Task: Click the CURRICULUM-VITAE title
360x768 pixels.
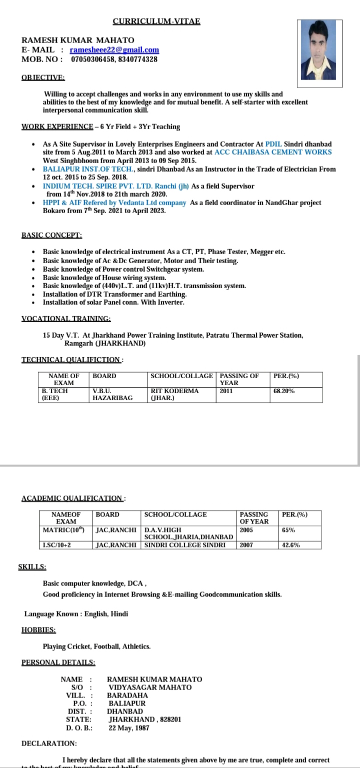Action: tap(156, 21)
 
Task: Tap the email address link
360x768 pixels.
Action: tap(114, 50)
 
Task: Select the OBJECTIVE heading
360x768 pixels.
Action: tap(43, 78)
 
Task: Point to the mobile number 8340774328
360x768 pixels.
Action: tap(136, 59)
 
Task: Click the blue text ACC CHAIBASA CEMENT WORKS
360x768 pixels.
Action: tap(273, 152)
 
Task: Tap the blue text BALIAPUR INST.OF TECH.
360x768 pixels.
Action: tap(88, 169)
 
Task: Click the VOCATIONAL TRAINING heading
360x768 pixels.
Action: tap(66, 318)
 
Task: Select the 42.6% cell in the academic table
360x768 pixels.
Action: tap(291, 545)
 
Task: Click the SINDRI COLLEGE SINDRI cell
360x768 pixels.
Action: tap(184, 545)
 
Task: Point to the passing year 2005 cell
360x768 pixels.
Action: tap(246, 530)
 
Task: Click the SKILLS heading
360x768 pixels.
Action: tap(32, 567)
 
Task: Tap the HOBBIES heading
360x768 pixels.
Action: tap(38, 630)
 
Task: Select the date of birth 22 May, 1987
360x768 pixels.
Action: tap(129, 728)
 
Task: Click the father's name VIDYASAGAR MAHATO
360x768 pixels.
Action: tap(150, 687)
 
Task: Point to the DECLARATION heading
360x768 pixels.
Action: tap(49, 743)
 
